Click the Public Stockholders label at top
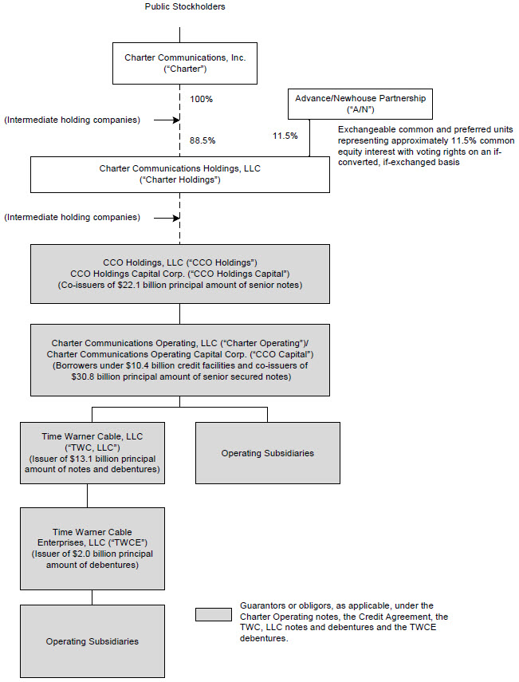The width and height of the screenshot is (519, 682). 184,6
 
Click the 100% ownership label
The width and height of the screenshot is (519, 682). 202,100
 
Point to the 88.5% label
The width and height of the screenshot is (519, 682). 202,140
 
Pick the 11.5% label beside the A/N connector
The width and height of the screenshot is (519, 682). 285,136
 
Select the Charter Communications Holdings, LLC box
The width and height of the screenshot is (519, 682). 179,174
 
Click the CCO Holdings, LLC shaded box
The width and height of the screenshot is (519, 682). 179,274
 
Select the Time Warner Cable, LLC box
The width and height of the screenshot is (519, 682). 92,452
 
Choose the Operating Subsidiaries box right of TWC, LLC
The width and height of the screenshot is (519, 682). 267,453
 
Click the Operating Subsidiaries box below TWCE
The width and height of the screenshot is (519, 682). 92,641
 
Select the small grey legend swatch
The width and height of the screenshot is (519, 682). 213,616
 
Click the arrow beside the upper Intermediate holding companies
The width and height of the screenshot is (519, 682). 165,120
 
